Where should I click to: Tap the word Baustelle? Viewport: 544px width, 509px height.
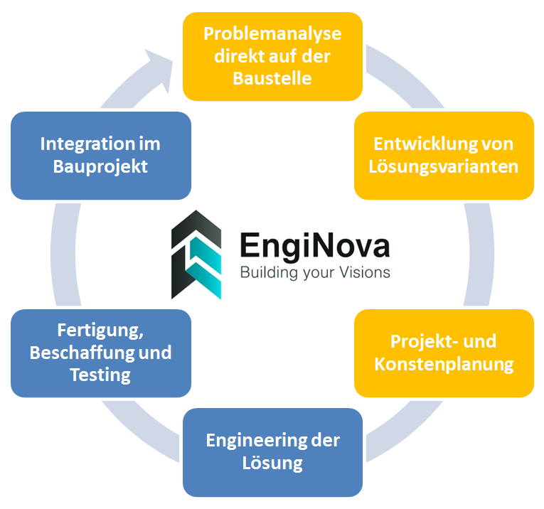click(272, 79)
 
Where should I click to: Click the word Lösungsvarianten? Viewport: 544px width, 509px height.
click(444, 167)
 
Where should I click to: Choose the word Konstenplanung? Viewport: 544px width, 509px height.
click(444, 365)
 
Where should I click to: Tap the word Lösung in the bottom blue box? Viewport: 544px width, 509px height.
click(272, 464)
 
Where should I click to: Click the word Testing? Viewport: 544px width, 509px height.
click(100, 375)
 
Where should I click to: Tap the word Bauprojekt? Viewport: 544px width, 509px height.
click(100, 167)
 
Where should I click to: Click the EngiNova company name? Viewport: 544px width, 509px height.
click(314, 245)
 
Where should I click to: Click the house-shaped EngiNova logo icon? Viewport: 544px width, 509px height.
click(196, 254)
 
